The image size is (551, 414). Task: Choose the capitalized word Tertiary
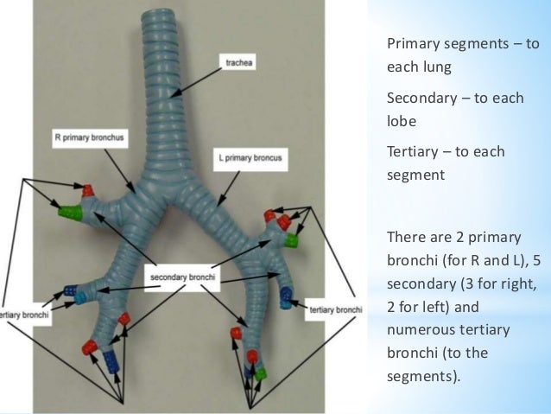(412, 152)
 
